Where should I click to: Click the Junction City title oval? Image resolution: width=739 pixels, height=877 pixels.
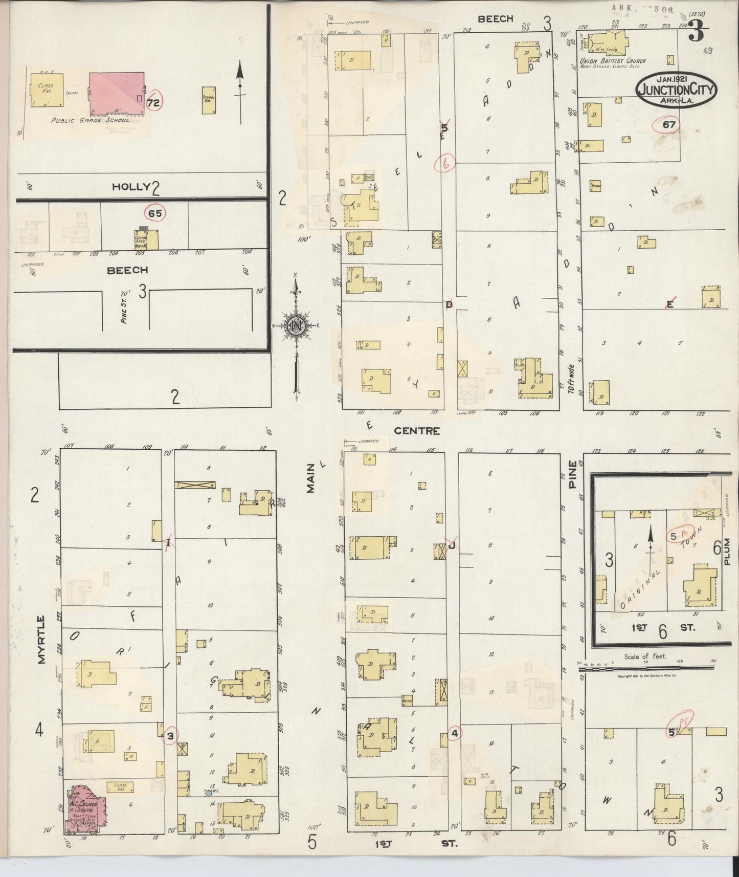pos(676,90)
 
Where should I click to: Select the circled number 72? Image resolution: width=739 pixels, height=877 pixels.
pos(153,103)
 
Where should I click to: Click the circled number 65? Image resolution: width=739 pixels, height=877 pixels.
pos(155,213)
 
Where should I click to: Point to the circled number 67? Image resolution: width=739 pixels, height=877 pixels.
pos(669,124)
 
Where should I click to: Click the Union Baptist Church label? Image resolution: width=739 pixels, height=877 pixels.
pos(612,61)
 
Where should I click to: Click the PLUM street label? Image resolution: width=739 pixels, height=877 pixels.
pos(728,552)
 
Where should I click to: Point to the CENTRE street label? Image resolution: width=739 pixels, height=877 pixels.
pos(416,431)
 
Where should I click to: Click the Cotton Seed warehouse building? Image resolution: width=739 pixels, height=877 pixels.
pos(146,239)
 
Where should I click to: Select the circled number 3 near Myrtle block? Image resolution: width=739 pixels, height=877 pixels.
pos(170,736)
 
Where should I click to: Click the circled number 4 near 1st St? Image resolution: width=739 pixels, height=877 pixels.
pos(455,733)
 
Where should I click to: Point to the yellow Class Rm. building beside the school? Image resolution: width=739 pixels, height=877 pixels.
pos(47,90)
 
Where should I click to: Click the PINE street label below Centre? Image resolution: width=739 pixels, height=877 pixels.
pos(573,474)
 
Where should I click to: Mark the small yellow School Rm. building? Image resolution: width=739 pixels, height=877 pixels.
pos(209,100)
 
